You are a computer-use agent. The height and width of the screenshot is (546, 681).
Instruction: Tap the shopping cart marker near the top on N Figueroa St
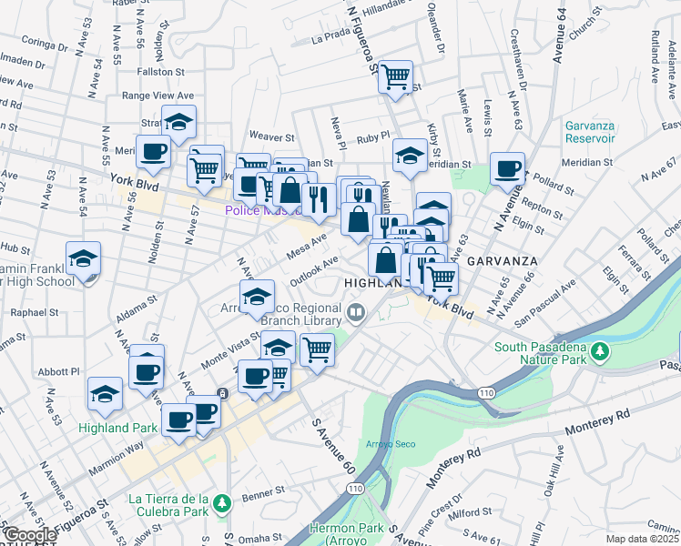[x=395, y=78]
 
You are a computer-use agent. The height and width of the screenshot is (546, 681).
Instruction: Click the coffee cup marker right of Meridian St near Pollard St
[x=507, y=169]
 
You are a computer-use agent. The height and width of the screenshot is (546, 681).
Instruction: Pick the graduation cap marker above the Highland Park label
[x=106, y=394]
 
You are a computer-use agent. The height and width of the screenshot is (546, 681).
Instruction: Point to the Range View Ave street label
[x=158, y=96]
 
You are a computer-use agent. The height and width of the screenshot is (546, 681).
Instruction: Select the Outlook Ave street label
[x=315, y=262]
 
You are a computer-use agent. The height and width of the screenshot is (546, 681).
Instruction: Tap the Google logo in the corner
[x=30, y=535]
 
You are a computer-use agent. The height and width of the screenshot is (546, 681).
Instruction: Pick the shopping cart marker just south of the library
[x=317, y=349]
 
